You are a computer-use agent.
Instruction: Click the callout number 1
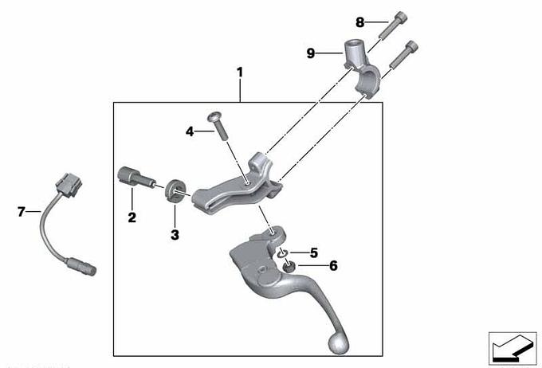click(x=240, y=72)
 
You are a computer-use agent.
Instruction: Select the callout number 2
click(x=132, y=217)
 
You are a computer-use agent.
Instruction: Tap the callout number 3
click(x=175, y=235)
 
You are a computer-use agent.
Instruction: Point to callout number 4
click(x=190, y=131)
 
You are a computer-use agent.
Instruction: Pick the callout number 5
click(x=313, y=253)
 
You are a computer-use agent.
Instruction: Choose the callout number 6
click(x=333, y=266)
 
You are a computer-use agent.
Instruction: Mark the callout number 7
click(x=22, y=211)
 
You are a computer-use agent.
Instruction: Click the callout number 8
click(x=359, y=22)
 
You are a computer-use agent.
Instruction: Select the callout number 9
click(x=311, y=53)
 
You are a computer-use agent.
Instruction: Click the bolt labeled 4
click(x=218, y=126)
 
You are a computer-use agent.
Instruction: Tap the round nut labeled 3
click(x=175, y=190)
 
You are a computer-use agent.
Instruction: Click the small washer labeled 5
click(x=282, y=253)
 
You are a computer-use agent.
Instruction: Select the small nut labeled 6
click(x=289, y=266)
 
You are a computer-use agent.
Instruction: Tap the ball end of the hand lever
click(x=338, y=343)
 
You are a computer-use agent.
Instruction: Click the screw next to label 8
click(x=393, y=25)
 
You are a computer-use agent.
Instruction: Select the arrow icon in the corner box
click(x=512, y=349)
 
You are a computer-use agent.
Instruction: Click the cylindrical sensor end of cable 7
click(x=81, y=266)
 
